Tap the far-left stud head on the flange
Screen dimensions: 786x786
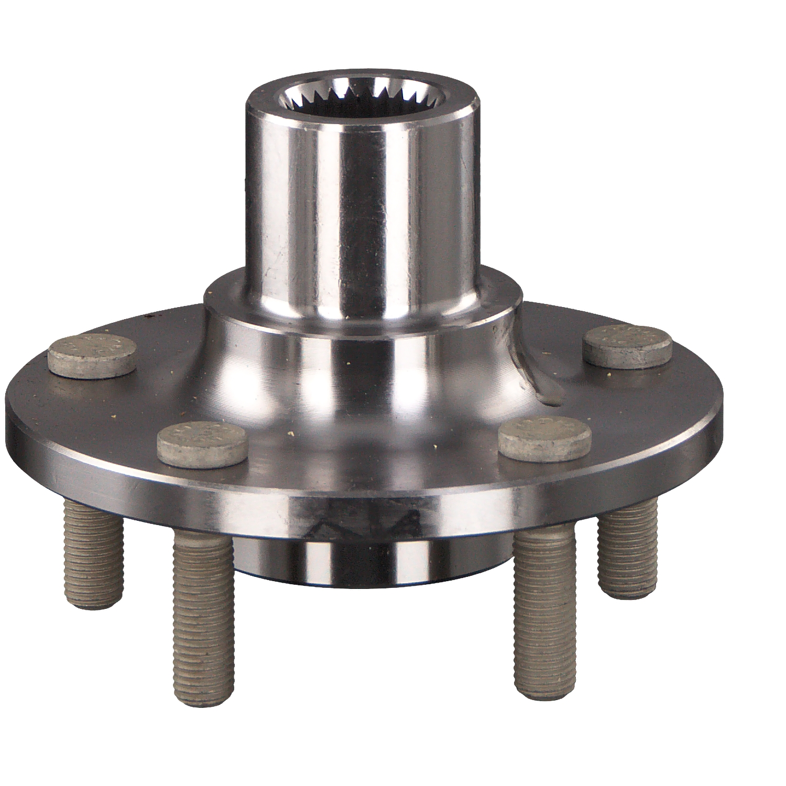(92, 355)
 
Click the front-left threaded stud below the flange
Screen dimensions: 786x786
(203, 613)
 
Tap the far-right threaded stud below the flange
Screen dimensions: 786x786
(628, 550)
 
